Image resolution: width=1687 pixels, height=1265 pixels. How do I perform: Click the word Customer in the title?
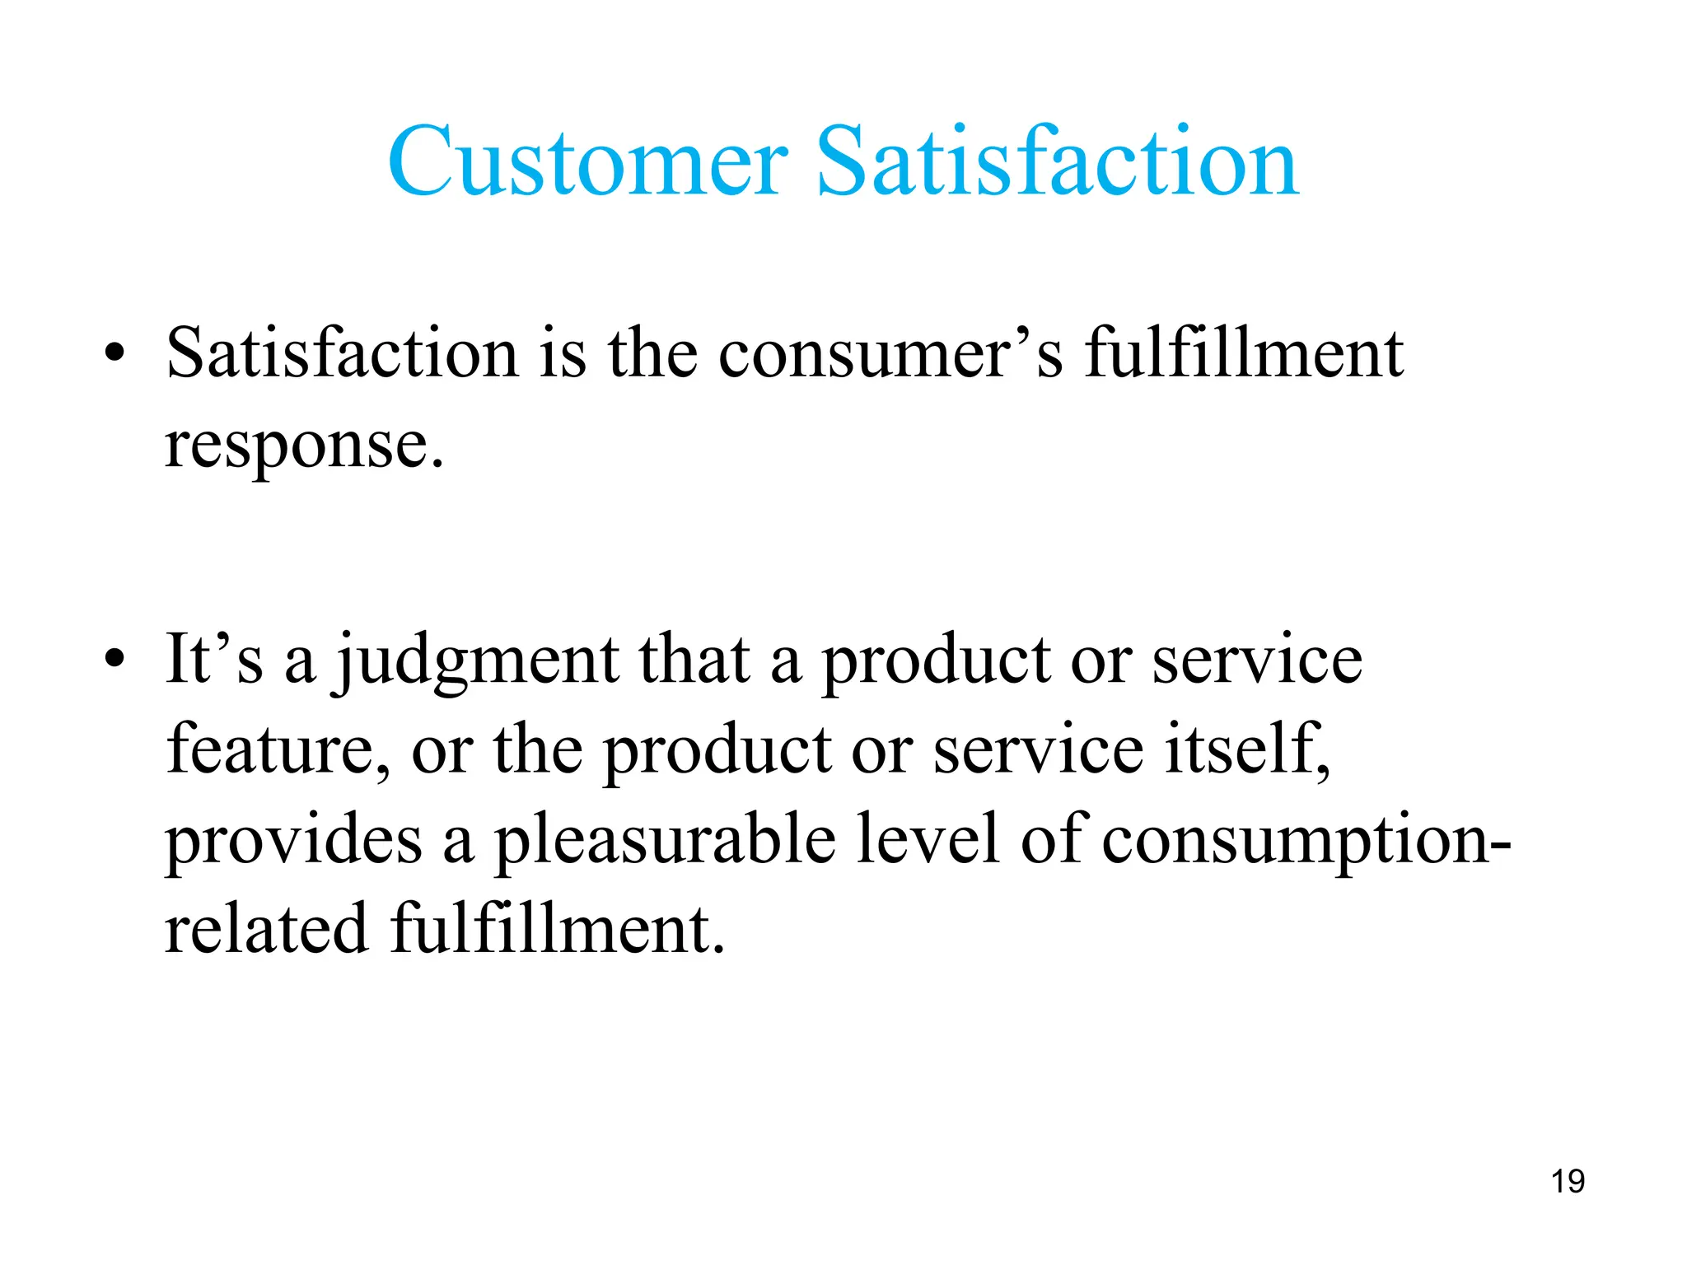[x=587, y=161]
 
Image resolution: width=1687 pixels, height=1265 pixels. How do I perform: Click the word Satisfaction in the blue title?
[x=1058, y=161]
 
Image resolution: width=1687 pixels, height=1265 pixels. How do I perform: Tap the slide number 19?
[x=1568, y=1181]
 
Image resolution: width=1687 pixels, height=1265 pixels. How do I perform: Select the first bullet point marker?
[x=114, y=354]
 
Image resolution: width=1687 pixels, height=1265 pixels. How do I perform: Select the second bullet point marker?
[x=114, y=659]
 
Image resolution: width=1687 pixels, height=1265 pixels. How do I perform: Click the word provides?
[x=293, y=840]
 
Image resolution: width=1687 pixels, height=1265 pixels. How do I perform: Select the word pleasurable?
[x=664, y=840]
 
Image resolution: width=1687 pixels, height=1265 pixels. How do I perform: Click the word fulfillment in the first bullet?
[x=1243, y=354]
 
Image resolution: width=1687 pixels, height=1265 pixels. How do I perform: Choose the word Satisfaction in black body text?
[x=342, y=354]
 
